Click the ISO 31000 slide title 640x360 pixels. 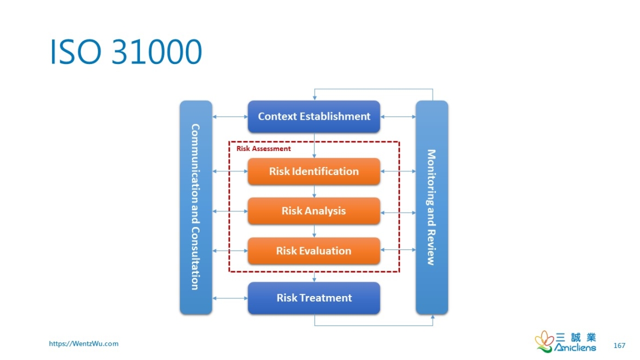(x=126, y=53)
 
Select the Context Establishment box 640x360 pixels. (x=313, y=117)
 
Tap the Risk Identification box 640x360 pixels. (x=313, y=171)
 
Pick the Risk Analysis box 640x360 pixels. (x=313, y=211)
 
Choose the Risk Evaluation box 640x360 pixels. (x=313, y=251)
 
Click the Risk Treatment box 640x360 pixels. (x=313, y=298)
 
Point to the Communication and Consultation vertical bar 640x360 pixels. (x=195, y=207)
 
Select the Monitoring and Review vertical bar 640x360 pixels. (x=432, y=207)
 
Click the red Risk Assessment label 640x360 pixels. (x=264, y=148)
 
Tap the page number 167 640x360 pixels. (x=619, y=345)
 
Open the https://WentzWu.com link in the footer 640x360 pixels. (x=84, y=344)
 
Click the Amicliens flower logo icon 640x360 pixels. (x=544, y=341)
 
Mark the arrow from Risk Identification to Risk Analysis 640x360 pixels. (x=314, y=191)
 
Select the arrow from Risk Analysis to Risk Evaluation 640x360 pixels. (x=314, y=231)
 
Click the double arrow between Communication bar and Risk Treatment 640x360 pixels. (x=230, y=298)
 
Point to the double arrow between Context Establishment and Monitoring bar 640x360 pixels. (x=398, y=117)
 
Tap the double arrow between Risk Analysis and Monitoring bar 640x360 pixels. (x=398, y=212)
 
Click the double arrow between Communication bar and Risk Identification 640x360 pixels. (x=230, y=171)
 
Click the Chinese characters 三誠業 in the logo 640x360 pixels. (x=576, y=337)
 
